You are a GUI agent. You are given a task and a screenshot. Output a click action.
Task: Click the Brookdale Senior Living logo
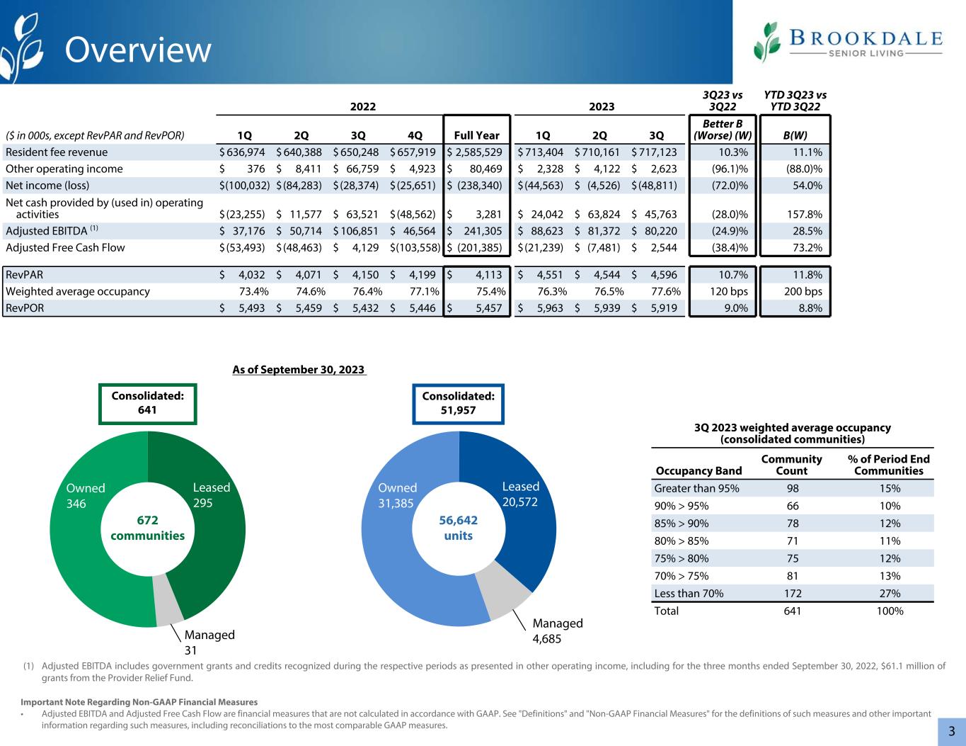pyautogui.click(x=848, y=42)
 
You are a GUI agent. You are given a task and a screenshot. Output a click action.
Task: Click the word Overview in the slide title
pyautogui.click(x=138, y=50)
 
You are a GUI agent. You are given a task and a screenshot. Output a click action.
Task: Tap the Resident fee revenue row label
pyautogui.click(x=57, y=152)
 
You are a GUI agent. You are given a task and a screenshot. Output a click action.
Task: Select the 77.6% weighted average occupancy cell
pyautogui.click(x=665, y=291)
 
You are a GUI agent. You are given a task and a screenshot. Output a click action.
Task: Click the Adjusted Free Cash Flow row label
pyautogui.click(x=65, y=247)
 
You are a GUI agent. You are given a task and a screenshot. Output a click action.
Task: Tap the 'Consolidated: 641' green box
pyautogui.click(x=148, y=403)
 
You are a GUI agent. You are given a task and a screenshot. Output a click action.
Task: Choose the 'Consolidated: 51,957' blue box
pyautogui.click(x=458, y=403)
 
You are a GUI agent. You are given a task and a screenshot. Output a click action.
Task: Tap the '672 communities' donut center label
pyautogui.click(x=148, y=528)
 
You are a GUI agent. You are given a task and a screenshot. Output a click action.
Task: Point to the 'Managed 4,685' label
pyautogui.click(x=558, y=630)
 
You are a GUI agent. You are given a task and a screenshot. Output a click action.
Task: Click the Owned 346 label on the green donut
pyautogui.click(x=86, y=496)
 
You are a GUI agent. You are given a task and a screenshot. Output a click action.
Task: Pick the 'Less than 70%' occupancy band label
pyautogui.click(x=689, y=594)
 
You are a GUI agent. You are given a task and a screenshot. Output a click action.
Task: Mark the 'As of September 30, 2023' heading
pyautogui.click(x=299, y=370)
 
